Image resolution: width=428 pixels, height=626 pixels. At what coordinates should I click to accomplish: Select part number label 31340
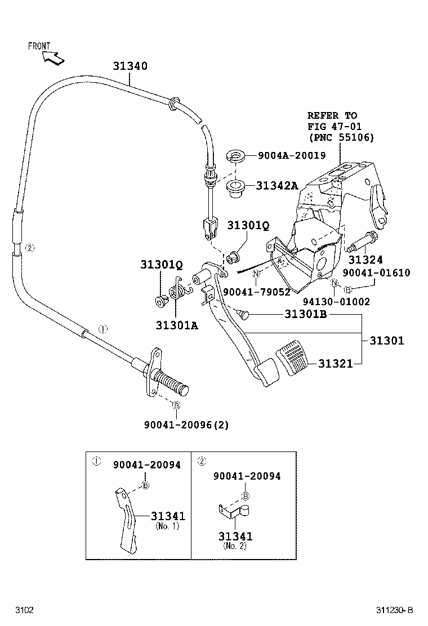(130, 66)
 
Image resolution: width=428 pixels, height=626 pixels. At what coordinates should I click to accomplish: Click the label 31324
(365, 260)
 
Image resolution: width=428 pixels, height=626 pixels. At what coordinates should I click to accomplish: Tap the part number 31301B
(301, 314)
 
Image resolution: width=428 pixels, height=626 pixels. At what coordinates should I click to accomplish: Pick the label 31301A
(177, 325)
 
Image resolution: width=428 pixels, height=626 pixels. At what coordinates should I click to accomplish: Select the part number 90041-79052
(256, 292)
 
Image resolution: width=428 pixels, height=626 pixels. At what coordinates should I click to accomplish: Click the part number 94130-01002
(336, 302)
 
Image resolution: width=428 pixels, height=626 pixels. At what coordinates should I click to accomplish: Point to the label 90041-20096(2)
(186, 424)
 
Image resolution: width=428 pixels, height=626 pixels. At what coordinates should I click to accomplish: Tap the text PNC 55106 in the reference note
(341, 137)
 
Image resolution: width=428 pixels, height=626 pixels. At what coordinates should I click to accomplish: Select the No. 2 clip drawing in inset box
(233, 511)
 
